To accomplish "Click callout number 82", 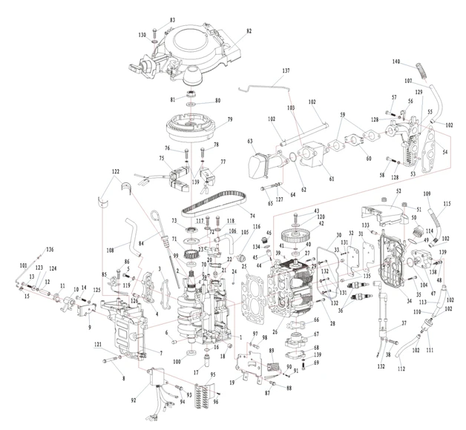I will click(249, 30).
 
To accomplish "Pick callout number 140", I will click(396, 61).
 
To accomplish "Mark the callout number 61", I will click(332, 179).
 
